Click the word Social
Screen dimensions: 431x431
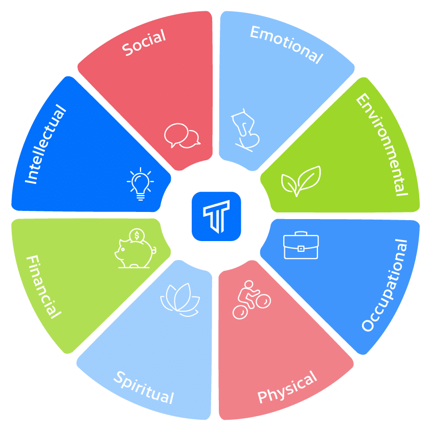click(x=144, y=42)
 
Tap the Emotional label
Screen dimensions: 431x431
click(x=286, y=45)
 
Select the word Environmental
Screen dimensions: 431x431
click(x=382, y=144)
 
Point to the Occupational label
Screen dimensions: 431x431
click(x=384, y=285)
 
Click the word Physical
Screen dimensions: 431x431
click(x=287, y=386)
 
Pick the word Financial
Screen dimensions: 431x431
click(x=43, y=287)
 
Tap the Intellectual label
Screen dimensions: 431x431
click(x=46, y=144)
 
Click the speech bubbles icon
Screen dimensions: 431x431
click(x=182, y=136)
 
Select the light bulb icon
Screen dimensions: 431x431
click(x=141, y=184)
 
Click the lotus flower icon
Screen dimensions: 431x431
click(x=180, y=300)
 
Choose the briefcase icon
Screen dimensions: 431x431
click(x=301, y=245)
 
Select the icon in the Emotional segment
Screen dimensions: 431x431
click(x=245, y=130)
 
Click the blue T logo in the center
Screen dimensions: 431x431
click(x=216, y=217)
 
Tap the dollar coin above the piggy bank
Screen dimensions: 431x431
click(x=137, y=235)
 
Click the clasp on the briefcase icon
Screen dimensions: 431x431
click(x=301, y=249)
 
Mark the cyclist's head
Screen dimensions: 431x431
click(x=249, y=284)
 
